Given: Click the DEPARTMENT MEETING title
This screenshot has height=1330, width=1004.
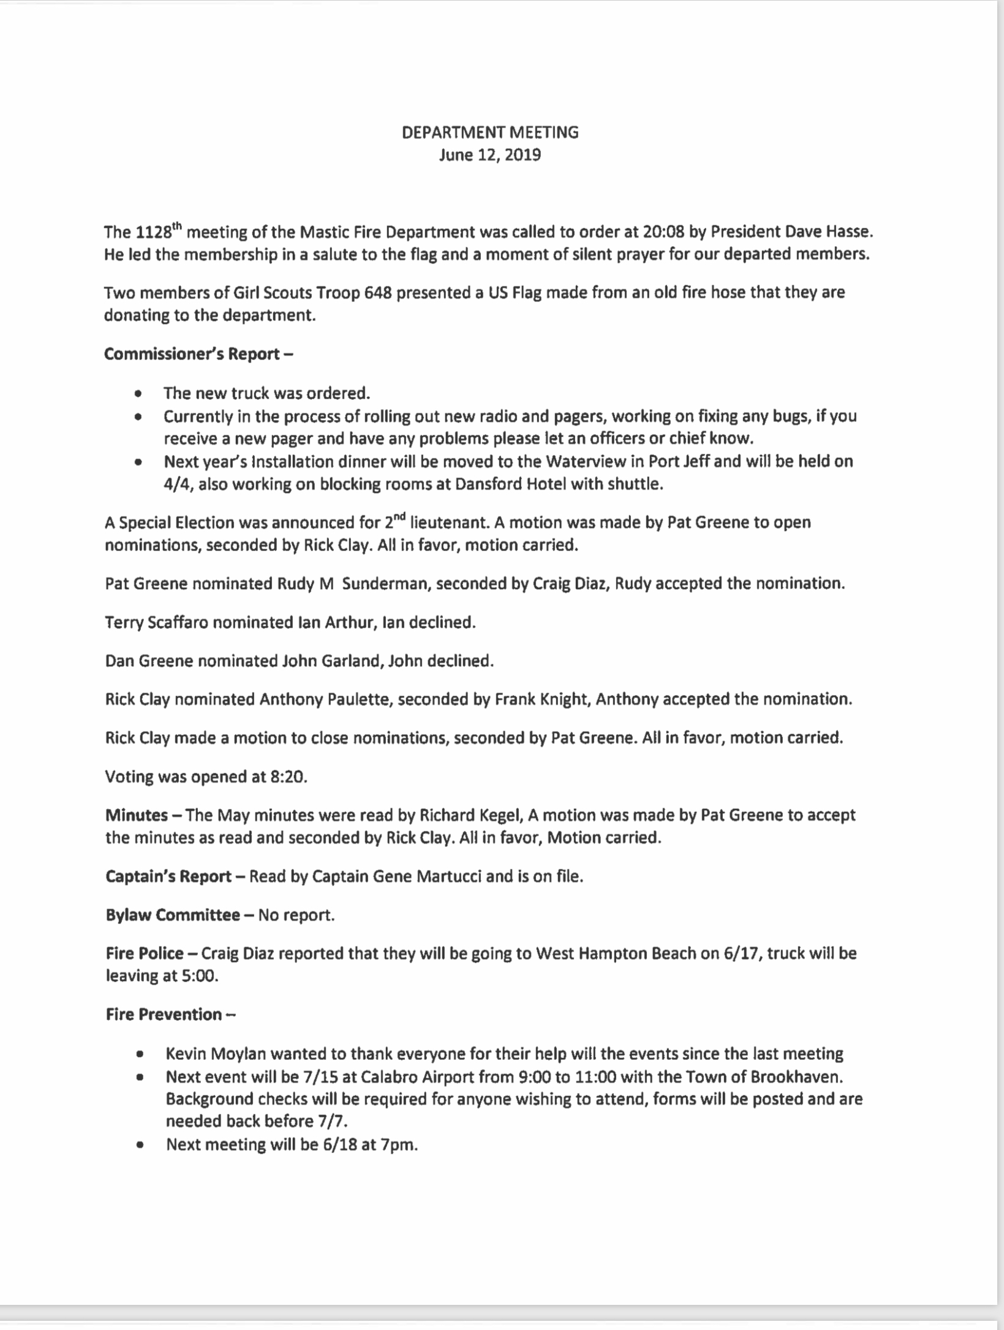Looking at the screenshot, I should point(490,132).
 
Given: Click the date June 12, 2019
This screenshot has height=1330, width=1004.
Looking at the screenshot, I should point(490,155).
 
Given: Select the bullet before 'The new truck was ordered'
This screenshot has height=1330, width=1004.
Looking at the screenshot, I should point(140,394).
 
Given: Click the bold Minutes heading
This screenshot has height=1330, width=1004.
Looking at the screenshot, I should point(137,816).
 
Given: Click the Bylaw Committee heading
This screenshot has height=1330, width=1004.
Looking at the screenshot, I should point(173,915).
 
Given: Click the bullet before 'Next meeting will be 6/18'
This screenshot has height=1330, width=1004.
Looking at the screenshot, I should point(142,1144).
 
